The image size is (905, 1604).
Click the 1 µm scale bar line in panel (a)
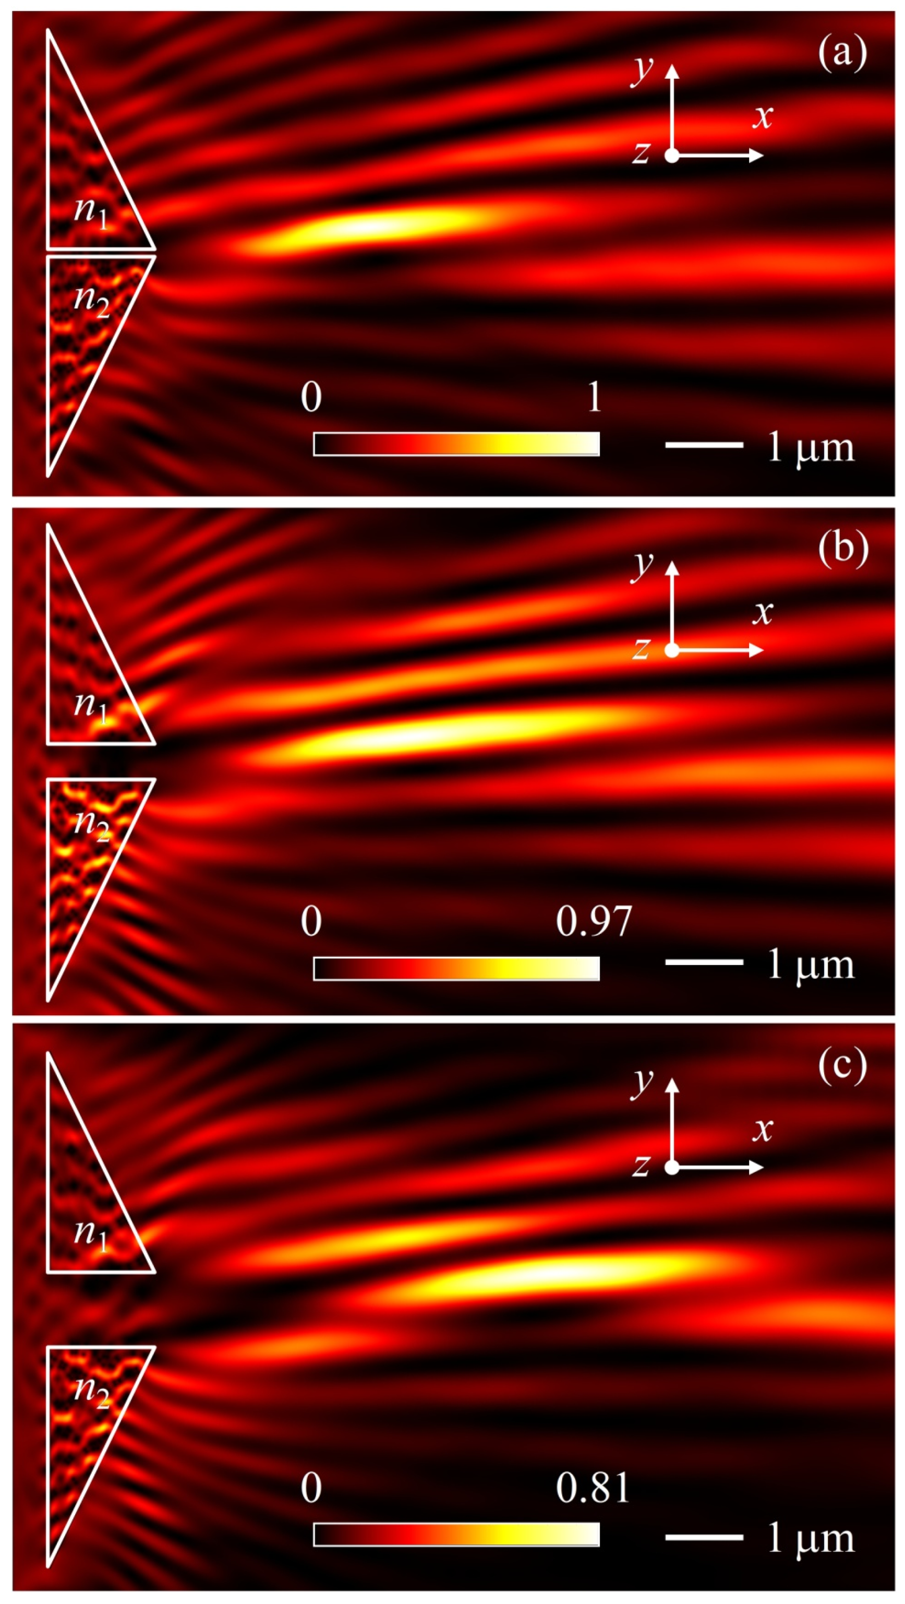[703, 445]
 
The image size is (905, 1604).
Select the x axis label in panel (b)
[762, 612]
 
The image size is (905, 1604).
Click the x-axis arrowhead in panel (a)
[757, 156]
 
